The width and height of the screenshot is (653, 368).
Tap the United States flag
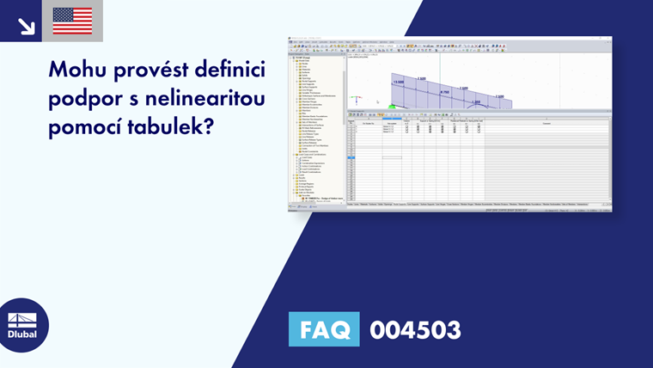click(72, 21)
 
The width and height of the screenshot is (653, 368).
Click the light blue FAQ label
click(324, 329)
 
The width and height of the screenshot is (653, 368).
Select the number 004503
click(415, 329)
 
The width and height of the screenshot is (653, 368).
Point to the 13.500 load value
click(399, 83)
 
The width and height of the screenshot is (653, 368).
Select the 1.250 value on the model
click(476, 102)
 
